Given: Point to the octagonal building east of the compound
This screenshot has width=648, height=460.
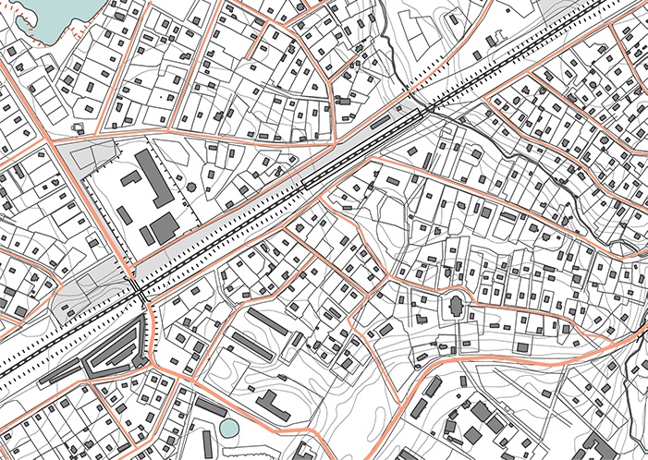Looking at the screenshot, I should [191, 188].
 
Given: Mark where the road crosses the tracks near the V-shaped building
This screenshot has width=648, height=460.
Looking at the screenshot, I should [139, 291].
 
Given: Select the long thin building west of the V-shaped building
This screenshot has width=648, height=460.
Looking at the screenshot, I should [55, 370].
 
